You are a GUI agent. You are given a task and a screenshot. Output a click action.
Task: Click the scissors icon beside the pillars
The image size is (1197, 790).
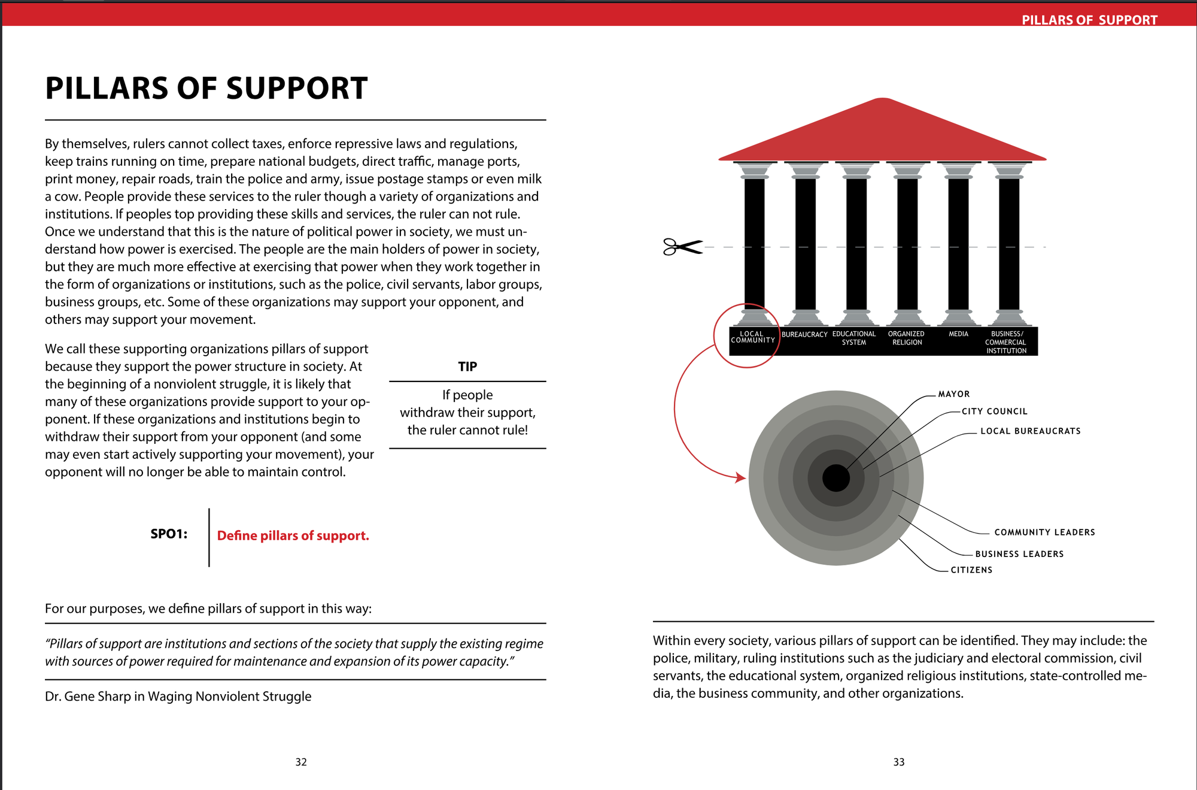[x=682, y=247]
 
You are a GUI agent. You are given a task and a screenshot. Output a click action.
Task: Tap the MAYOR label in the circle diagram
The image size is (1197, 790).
[x=954, y=394]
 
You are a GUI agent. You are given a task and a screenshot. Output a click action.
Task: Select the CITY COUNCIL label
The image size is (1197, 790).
[x=995, y=411]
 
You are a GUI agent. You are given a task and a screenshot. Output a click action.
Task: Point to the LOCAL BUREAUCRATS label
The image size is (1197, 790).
[x=1031, y=431]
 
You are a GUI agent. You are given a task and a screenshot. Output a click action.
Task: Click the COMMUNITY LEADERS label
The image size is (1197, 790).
[x=1045, y=532]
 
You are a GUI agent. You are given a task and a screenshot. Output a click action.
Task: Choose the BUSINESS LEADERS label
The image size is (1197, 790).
[x=1020, y=554]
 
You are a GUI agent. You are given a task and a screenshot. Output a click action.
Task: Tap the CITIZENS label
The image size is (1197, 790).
[x=972, y=570]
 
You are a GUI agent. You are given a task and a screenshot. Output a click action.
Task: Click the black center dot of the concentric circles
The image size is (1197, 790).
[x=836, y=478]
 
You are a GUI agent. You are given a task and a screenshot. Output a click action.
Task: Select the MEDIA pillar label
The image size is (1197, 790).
[x=958, y=334]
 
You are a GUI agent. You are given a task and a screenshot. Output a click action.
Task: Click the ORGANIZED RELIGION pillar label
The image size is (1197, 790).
[x=907, y=338]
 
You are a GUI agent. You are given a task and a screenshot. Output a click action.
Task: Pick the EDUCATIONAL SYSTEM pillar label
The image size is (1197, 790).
[x=854, y=338]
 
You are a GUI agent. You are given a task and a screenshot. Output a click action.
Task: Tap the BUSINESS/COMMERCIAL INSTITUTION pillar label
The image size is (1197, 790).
[x=1007, y=343]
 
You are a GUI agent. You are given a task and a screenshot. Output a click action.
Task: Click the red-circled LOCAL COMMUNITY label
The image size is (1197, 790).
[x=753, y=337]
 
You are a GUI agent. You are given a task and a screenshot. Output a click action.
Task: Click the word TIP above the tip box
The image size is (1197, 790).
[x=467, y=367]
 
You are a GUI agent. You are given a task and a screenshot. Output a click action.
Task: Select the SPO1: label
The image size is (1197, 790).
[x=169, y=534]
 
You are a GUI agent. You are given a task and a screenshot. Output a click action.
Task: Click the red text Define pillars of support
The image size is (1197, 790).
[x=293, y=535]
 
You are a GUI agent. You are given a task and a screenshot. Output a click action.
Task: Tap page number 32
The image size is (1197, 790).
[x=301, y=762]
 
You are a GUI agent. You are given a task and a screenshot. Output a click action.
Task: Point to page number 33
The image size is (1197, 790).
[x=899, y=762]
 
